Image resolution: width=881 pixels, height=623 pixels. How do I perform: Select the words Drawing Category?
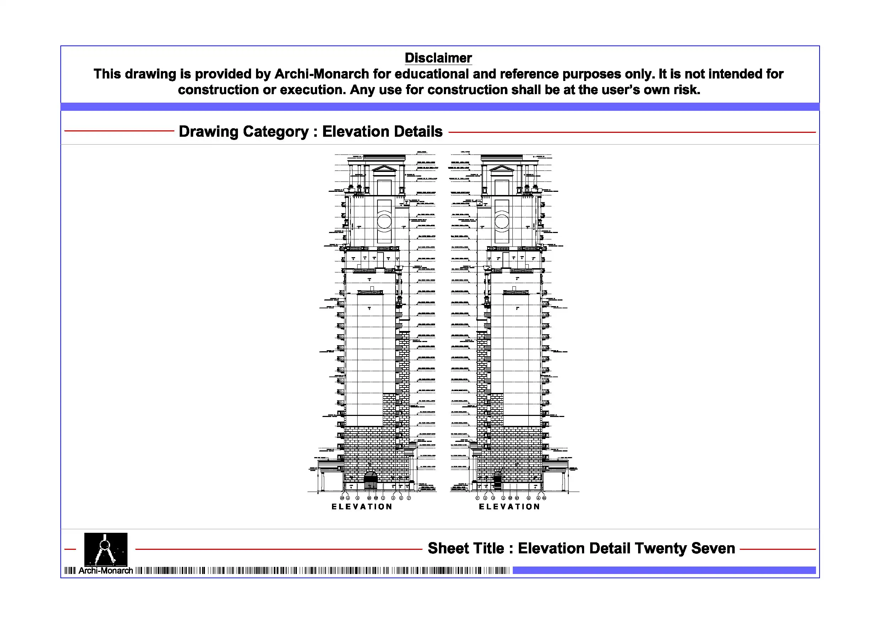(x=244, y=132)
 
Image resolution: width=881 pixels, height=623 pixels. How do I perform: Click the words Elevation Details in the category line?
(x=382, y=132)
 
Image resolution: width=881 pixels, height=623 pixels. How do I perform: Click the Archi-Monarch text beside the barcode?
(x=105, y=571)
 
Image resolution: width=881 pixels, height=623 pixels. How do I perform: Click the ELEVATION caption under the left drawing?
(x=362, y=507)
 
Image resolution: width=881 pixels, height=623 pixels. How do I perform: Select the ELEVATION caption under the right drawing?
(x=510, y=507)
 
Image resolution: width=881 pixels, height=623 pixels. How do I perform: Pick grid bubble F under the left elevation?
(x=409, y=498)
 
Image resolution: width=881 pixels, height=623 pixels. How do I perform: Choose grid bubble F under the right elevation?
(x=477, y=498)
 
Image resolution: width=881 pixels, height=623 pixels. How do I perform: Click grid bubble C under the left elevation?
(x=383, y=498)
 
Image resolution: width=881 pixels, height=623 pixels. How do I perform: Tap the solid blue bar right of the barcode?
(x=664, y=570)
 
